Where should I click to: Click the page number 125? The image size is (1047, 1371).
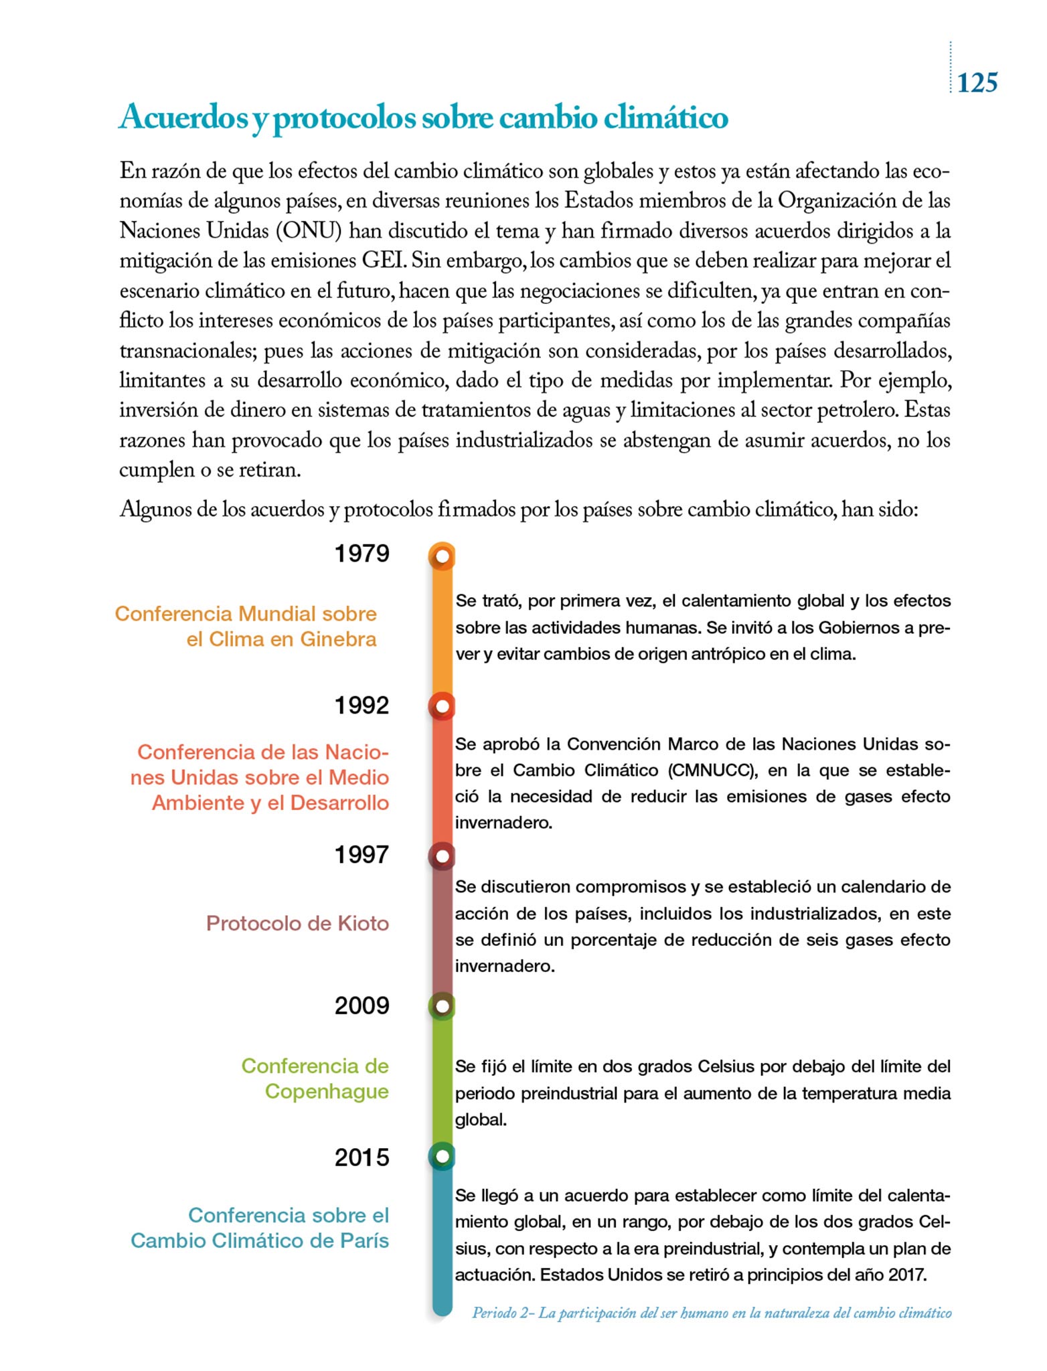tap(977, 83)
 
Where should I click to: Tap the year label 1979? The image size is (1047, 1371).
tap(361, 554)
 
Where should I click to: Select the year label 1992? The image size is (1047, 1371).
tap(361, 705)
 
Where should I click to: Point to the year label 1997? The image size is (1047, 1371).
tap(361, 855)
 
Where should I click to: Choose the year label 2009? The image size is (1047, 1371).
tap(361, 1005)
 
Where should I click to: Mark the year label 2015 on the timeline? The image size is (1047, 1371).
tap(361, 1157)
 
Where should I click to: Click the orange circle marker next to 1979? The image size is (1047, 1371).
tap(442, 556)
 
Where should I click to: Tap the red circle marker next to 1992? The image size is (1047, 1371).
tap(442, 706)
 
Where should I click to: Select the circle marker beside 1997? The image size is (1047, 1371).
tap(442, 856)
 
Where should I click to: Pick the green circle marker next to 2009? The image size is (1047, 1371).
tap(442, 1006)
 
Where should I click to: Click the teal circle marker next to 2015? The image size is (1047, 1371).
tap(442, 1156)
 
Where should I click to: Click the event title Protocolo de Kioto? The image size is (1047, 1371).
tap(297, 924)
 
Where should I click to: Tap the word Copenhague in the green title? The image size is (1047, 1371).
tap(327, 1091)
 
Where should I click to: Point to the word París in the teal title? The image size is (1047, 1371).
tap(364, 1240)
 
